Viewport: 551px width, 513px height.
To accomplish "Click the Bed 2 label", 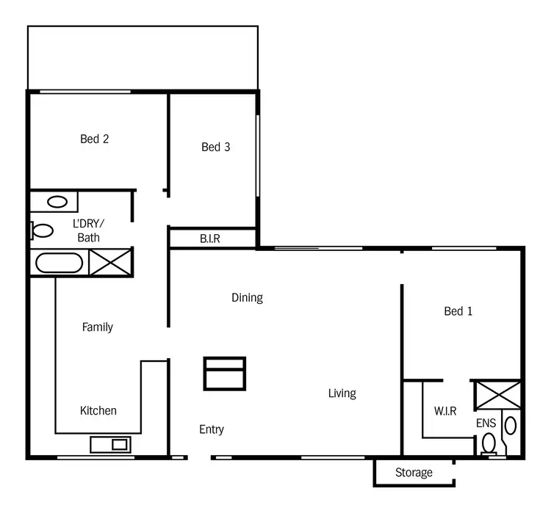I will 95,139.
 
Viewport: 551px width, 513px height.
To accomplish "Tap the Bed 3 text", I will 215,147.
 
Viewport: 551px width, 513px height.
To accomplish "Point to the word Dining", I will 247,297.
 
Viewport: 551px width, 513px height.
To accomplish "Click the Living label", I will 342,393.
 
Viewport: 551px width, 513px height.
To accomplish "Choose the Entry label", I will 212,429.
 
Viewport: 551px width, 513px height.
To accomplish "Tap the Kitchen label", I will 98,410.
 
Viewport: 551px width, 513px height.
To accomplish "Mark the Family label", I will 97,327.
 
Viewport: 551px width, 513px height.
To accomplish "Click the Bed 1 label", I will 458,311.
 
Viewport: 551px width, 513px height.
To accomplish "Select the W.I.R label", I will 445,412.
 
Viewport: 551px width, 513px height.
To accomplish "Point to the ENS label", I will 486,423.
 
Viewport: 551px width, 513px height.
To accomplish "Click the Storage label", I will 414,473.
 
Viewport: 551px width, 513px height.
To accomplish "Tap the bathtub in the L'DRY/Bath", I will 60,262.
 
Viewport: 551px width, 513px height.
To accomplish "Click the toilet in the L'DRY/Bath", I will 42,231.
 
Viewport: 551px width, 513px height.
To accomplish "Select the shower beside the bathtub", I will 110,262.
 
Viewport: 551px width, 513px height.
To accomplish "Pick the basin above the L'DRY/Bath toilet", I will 57,201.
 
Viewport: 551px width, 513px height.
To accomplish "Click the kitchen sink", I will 110,444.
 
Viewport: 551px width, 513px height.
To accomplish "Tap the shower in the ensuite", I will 497,393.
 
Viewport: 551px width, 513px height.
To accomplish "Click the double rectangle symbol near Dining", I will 224,373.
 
